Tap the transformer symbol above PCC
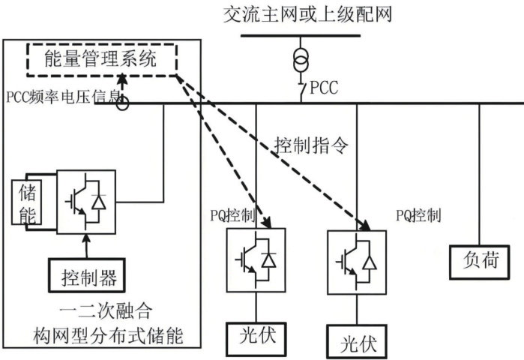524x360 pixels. click(301, 58)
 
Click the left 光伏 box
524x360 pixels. click(257, 334)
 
